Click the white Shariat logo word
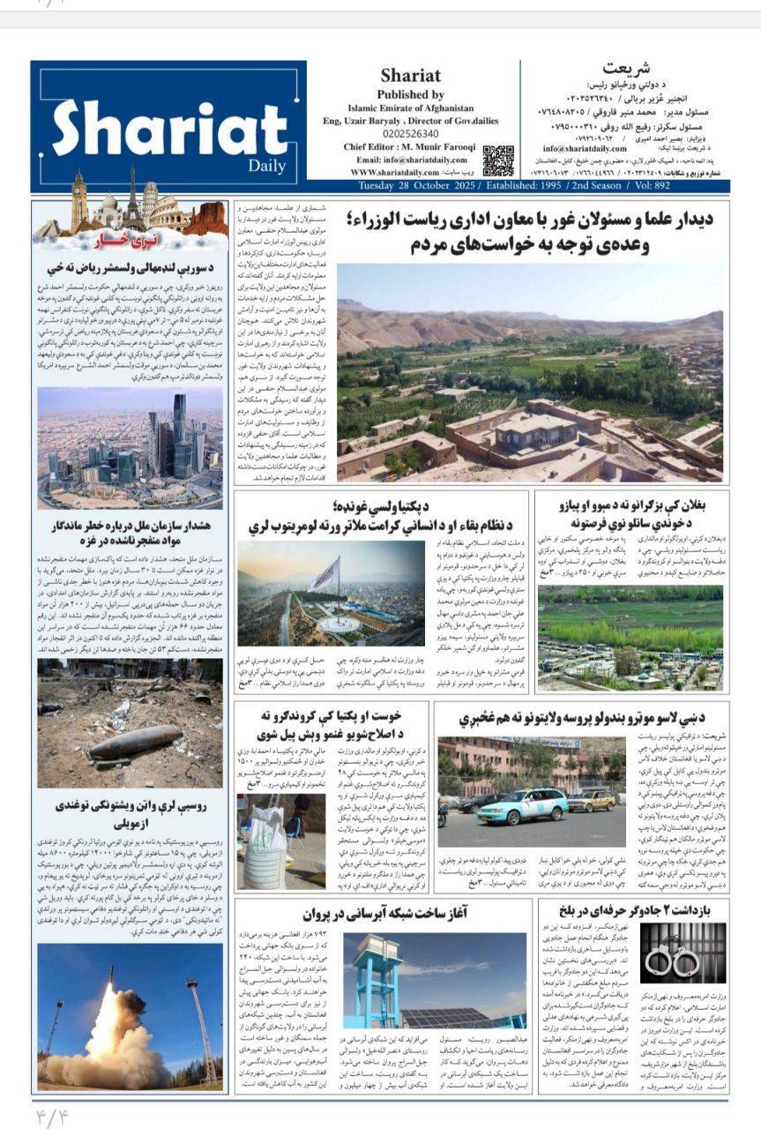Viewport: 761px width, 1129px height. (159, 128)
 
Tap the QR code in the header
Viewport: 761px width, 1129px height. (497, 161)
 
